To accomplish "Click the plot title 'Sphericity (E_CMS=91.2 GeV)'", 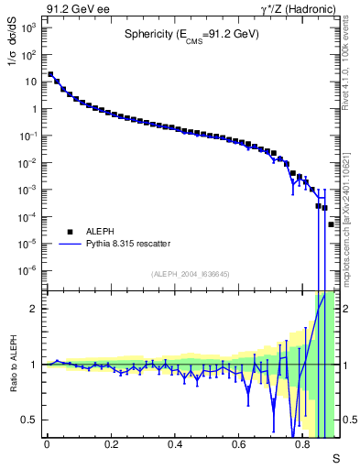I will pos(191,35).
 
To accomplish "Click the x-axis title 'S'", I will pos(335,457).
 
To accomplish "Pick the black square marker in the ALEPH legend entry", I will pos(67,232).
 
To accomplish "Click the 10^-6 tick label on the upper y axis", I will pos(29,271).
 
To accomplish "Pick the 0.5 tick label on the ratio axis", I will pos(31,420).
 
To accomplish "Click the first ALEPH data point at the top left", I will pos(50,75).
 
